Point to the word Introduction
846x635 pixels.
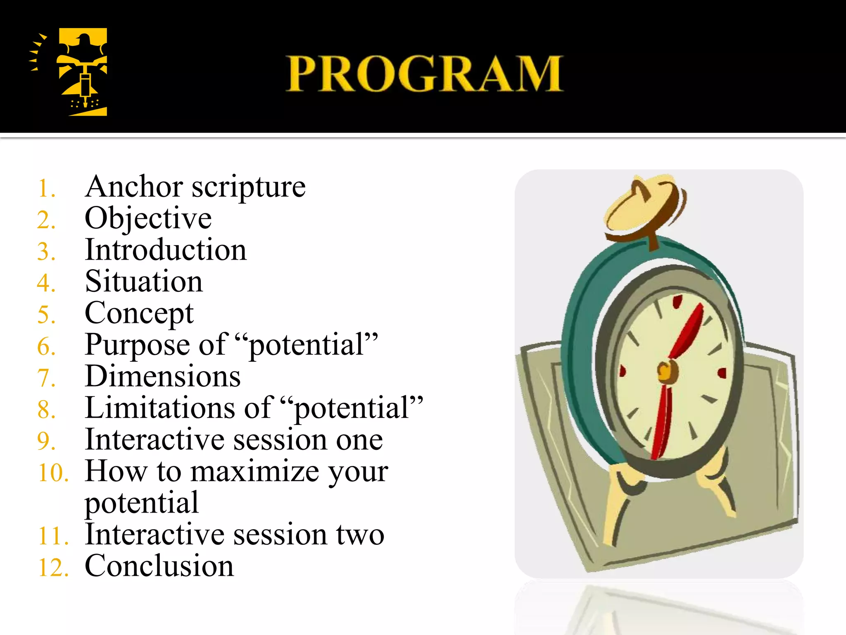click(165, 250)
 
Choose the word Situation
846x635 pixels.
click(143, 282)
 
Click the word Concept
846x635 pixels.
click(139, 313)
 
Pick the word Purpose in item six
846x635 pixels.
click(137, 345)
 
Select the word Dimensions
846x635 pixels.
click(162, 377)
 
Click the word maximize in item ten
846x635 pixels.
click(254, 472)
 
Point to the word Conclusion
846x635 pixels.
click(159, 566)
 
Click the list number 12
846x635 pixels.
click(53, 568)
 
